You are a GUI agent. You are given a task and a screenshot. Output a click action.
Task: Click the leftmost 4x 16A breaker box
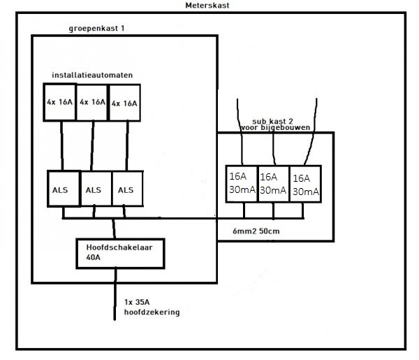tap(60, 103)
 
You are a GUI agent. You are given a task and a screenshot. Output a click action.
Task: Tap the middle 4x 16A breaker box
tap(92, 103)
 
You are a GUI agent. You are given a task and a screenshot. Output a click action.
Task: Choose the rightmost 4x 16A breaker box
tap(124, 103)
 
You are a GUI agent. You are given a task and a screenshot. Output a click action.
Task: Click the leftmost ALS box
tap(62, 189)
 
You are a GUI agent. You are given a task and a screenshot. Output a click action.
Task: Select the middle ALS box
tap(94, 189)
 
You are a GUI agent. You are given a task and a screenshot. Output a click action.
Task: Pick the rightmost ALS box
tap(126, 189)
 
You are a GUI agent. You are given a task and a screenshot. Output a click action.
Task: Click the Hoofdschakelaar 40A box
tap(119, 252)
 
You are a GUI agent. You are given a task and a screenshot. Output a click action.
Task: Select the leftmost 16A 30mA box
tap(240, 183)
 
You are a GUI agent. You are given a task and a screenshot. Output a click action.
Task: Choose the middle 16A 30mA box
tap(272, 183)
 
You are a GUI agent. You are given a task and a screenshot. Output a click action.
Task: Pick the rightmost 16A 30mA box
tap(305, 183)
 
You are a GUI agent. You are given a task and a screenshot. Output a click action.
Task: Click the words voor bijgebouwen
tap(277, 129)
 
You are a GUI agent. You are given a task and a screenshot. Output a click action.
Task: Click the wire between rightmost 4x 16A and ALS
tap(126, 145)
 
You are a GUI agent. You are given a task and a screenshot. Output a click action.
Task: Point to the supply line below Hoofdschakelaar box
tap(116, 297)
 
